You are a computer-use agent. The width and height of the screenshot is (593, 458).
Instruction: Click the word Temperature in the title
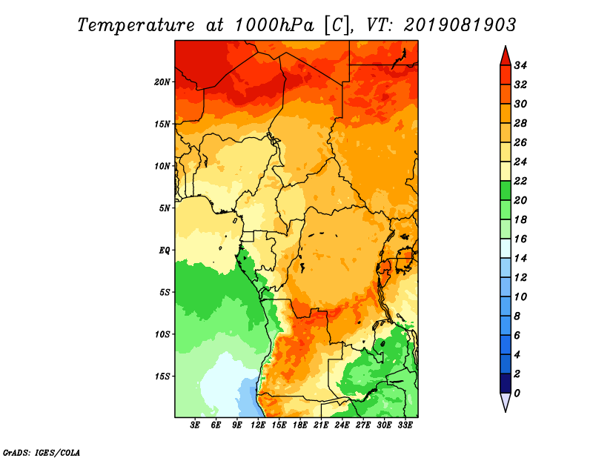136,25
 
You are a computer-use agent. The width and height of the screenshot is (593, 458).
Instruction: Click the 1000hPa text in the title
274,25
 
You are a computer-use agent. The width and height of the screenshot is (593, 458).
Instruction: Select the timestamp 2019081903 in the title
460,25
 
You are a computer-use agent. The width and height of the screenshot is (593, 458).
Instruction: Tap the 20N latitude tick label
162,82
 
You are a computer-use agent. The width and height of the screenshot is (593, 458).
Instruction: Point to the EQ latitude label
165,250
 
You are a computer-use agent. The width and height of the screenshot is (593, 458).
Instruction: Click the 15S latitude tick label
162,376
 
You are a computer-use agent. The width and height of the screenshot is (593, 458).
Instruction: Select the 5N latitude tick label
165,208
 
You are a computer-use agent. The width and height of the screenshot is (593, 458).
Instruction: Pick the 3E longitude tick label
195,425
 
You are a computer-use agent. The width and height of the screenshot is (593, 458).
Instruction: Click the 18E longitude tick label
300,425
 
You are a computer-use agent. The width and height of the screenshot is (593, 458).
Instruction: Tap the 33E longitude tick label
405,425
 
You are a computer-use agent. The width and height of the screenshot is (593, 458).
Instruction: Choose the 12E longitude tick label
258,425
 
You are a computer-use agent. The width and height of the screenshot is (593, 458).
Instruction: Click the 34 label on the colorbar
520,65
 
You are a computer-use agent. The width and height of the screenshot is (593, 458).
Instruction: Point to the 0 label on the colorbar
517,394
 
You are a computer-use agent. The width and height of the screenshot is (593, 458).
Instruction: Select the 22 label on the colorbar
520,181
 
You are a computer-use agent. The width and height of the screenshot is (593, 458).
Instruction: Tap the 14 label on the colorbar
520,259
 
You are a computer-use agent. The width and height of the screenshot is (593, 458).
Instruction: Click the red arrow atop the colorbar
506,57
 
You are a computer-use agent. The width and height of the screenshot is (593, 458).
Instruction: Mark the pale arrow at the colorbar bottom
506,402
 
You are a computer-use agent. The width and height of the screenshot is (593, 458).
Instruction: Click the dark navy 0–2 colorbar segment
506,383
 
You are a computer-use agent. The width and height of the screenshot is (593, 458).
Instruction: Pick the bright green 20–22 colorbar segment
506,190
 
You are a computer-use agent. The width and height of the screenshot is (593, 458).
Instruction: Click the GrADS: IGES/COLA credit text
42,453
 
